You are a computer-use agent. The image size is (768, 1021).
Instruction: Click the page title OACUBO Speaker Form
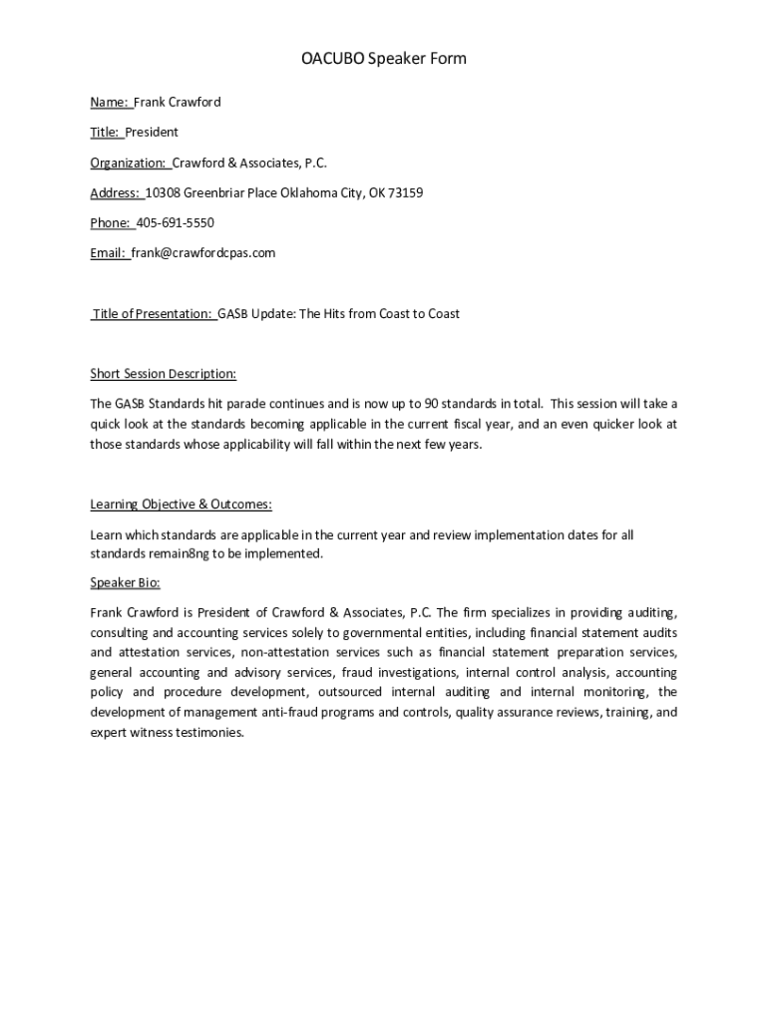coord(384,59)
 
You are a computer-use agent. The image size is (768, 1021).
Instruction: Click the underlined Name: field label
coord(109,102)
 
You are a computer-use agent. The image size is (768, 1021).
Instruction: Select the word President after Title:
coord(152,132)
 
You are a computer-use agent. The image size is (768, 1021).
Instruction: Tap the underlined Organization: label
coord(129,163)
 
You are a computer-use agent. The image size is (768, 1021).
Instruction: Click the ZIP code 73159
coord(405,192)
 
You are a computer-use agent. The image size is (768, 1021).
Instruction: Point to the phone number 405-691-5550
coord(175,222)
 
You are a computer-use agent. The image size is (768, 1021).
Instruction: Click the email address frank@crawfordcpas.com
coord(202,253)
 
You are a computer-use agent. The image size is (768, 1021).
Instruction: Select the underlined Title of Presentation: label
coord(153,313)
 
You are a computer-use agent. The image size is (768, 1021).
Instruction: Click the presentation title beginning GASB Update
coord(339,313)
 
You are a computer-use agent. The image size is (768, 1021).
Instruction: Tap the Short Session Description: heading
coord(164,374)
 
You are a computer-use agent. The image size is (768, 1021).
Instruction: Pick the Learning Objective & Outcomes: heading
coord(181,505)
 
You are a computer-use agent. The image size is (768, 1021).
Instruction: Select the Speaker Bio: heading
coord(125,582)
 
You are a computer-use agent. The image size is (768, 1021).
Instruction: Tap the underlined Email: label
coord(108,253)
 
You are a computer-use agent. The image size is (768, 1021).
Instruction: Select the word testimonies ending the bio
coord(208,733)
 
